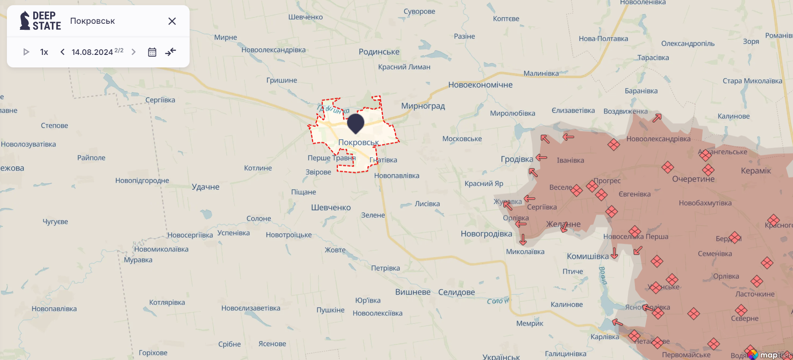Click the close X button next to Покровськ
(172, 21)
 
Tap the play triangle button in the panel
(26, 52)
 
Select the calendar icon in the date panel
(152, 52)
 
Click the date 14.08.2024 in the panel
(92, 52)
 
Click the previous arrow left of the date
(63, 52)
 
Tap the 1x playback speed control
(44, 52)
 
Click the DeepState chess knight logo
(25, 21)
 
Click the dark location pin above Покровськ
(355, 123)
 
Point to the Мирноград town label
(423, 106)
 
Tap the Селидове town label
(457, 292)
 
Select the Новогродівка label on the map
(486, 234)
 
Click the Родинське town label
(379, 52)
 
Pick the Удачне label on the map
(206, 187)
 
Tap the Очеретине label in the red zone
(693, 179)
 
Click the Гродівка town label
(517, 159)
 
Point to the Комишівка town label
(587, 256)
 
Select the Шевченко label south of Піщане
(331, 207)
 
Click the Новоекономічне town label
(480, 85)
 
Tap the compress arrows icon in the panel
(171, 52)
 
